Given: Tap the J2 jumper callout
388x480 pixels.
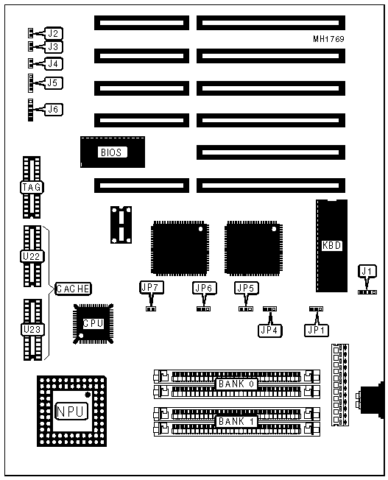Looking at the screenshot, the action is tap(54, 33).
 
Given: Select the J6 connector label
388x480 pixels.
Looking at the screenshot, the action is tap(54, 109).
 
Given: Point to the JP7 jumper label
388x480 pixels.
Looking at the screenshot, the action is tap(151, 287).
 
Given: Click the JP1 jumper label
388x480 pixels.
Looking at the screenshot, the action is tap(317, 331).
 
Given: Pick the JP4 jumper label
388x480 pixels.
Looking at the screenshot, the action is tap(269, 331).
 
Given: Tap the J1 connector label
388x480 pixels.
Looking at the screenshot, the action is tap(367, 271).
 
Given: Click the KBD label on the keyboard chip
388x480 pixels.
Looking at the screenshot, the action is tap(332, 245).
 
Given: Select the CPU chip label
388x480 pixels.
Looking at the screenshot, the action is tap(93, 324).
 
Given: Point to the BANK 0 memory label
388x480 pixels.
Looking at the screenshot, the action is tap(236, 384).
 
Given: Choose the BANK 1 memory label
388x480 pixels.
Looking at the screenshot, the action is tap(236, 422).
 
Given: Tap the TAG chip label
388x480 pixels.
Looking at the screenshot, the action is tap(32, 187).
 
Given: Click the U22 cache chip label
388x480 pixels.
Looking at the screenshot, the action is tap(32, 256).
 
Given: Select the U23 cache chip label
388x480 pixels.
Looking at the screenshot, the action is tap(32, 330).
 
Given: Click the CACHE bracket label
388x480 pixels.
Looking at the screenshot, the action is tap(73, 289).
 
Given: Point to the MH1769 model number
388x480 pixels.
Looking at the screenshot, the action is tap(328, 39).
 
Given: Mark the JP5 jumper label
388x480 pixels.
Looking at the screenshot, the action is tap(247, 288).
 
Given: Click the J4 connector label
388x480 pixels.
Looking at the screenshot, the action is tap(54, 63).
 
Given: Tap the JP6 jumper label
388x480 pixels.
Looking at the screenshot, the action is tap(205, 288).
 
